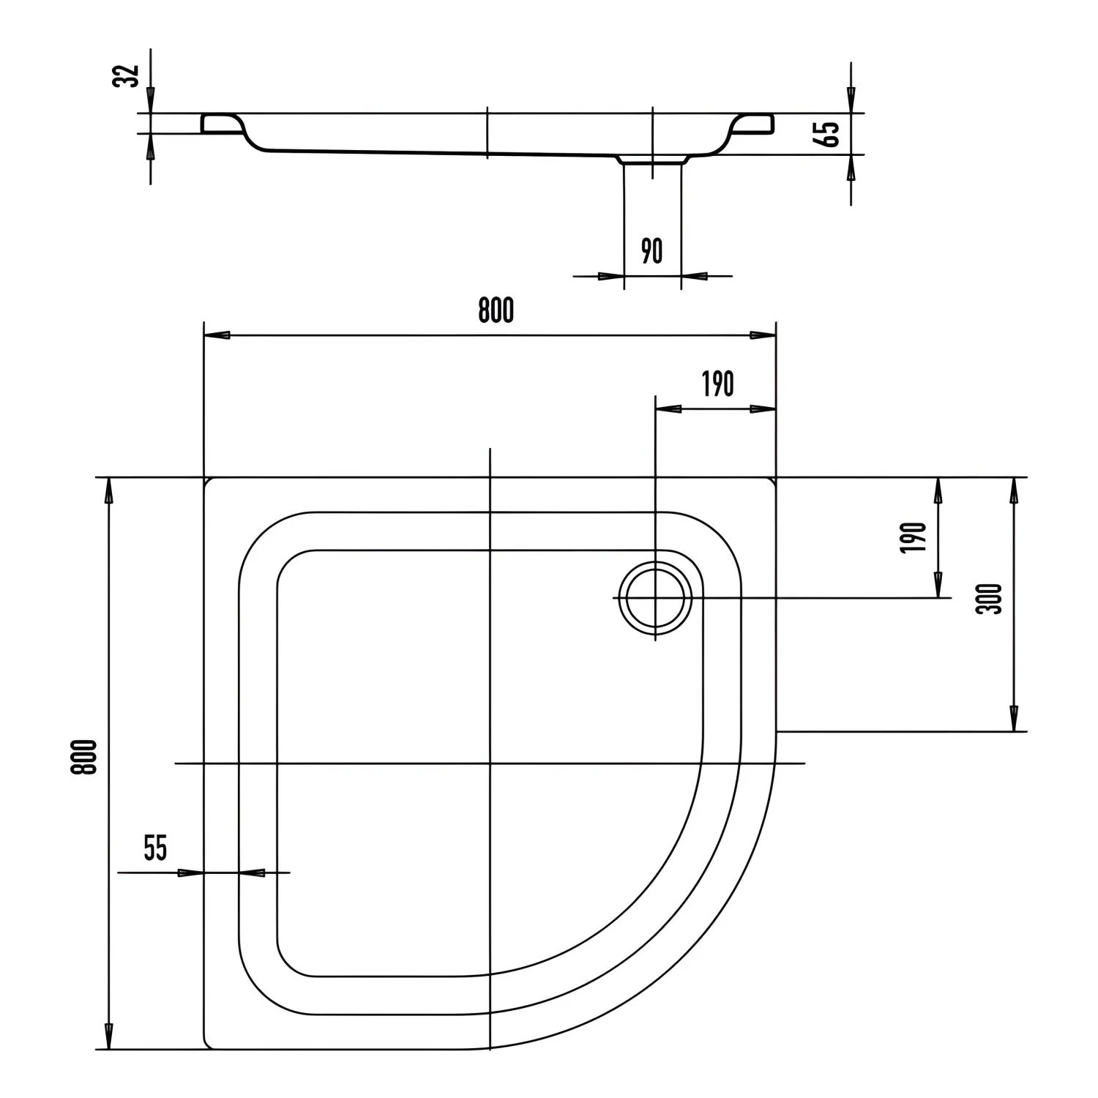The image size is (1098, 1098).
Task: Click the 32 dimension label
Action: pos(130,75)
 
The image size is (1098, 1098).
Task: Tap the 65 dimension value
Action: pos(830,134)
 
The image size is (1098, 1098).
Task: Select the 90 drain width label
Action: pos(651,251)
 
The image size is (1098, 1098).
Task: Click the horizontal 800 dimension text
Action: pos(496,311)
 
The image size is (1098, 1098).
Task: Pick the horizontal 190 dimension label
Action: pos(717,384)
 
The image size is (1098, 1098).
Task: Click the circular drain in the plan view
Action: pos(654,597)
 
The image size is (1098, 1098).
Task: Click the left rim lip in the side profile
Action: pos(220,123)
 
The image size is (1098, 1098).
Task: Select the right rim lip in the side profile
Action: pos(754,123)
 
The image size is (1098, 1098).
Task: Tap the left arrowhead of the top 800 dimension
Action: pos(217,335)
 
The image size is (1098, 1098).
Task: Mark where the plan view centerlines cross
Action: pos(489,763)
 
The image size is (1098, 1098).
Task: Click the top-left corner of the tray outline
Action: pos(205,479)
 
